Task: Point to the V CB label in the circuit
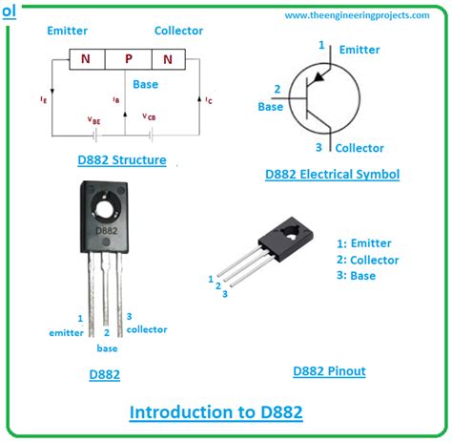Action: (150, 116)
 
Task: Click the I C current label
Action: (210, 98)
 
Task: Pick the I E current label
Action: (45, 98)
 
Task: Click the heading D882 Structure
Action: (124, 159)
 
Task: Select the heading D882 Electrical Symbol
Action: (332, 174)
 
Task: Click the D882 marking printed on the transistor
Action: (106, 232)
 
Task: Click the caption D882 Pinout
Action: (329, 370)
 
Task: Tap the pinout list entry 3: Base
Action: (357, 276)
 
